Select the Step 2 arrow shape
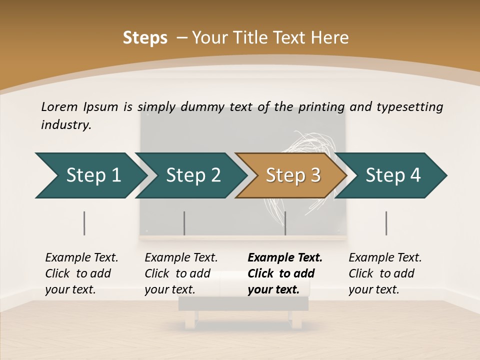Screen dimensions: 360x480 click(192, 175)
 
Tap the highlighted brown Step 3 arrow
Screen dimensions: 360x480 click(292, 175)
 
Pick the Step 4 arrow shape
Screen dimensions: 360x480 click(392, 175)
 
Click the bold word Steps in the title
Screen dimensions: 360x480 click(145, 38)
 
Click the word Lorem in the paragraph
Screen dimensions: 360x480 click(59, 106)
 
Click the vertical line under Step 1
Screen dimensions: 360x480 click(84, 223)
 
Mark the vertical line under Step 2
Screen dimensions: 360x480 click(184, 223)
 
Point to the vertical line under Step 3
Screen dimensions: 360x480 click(285, 223)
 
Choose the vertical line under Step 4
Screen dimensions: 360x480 click(386, 223)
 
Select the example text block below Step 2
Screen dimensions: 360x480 click(181, 273)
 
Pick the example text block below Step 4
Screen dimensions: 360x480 click(385, 273)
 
